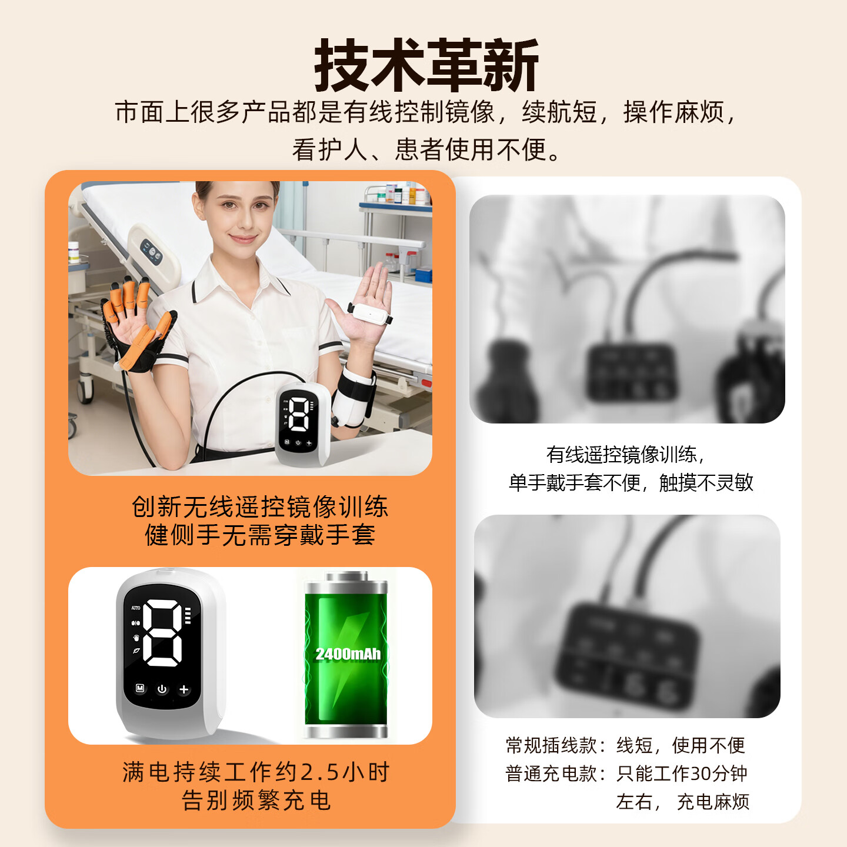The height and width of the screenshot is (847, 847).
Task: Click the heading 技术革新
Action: (x=426, y=65)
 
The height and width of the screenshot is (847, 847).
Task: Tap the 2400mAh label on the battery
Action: (x=348, y=654)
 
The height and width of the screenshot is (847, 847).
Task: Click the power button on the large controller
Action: (x=162, y=689)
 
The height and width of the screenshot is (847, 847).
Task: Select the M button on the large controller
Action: (x=140, y=688)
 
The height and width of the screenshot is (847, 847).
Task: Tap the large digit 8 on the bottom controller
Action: (x=163, y=633)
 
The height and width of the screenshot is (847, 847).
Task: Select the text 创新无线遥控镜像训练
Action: (x=259, y=507)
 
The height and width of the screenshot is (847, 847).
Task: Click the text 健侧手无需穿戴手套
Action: (x=259, y=535)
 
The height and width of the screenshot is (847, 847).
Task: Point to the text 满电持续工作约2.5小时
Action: (x=256, y=772)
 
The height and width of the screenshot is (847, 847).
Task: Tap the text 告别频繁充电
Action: (x=256, y=801)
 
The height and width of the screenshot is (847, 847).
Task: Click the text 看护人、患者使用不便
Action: (x=426, y=149)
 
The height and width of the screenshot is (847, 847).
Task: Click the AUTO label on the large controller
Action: (x=136, y=608)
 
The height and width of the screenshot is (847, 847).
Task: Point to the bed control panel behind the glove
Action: (x=151, y=252)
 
